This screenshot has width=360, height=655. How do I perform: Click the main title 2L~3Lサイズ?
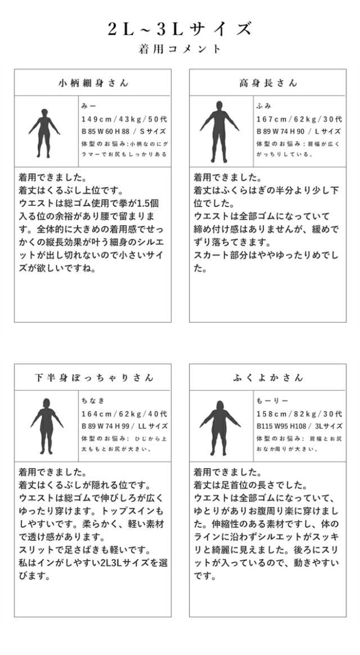pyautogui.click(x=180, y=29)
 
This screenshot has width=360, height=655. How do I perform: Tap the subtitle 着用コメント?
pyautogui.click(x=180, y=49)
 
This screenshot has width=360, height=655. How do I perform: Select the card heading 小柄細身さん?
pyautogui.click(x=93, y=83)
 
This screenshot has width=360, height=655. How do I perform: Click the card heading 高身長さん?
pyautogui.click(x=268, y=83)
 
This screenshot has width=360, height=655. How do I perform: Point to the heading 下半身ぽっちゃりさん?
pyautogui.click(x=93, y=377)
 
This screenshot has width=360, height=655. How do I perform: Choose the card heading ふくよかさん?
pyautogui.click(x=268, y=377)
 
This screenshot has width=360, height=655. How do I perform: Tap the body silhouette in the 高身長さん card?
pyautogui.click(x=219, y=131)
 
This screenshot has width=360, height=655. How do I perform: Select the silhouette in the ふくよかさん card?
pyautogui.click(x=219, y=426)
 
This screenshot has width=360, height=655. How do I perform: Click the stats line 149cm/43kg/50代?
pyautogui.click(x=124, y=119)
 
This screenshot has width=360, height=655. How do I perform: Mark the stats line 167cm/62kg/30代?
pyautogui.click(x=299, y=119)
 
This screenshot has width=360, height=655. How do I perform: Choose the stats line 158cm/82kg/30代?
pyautogui.click(x=299, y=413)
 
